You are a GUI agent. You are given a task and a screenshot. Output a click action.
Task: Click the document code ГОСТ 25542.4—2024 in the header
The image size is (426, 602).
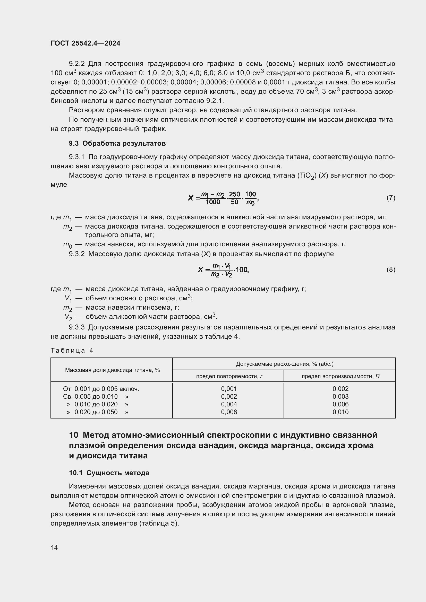click(86, 43)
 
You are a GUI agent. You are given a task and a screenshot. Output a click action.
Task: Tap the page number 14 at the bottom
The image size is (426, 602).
click(54, 547)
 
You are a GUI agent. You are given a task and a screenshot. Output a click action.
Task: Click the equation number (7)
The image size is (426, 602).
click(391, 198)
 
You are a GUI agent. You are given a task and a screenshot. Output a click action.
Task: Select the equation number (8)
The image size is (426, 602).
click(391, 269)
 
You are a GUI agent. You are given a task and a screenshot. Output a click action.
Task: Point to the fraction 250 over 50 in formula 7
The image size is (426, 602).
click(234, 198)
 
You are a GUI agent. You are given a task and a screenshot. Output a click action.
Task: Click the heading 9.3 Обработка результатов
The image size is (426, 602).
click(117, 143)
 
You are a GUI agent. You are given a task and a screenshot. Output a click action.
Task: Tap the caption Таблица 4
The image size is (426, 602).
click(72, 351)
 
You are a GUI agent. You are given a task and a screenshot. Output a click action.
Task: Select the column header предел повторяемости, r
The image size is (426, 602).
click(229, 376)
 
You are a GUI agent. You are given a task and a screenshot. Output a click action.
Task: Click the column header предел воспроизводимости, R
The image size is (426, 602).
click(340, 376)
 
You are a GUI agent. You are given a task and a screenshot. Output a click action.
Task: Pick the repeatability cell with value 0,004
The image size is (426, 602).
click(229, 404)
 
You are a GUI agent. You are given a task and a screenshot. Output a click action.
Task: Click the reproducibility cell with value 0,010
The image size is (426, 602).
click(340, 412)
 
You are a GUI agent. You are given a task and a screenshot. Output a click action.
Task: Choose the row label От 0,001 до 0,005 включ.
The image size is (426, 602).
click(101, 389)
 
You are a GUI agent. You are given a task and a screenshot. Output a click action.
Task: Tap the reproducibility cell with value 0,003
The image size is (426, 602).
click(340, 396)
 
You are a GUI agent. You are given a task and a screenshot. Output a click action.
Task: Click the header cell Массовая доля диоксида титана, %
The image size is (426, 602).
click(112, 370)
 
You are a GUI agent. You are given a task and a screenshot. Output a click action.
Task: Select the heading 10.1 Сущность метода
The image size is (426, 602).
click(109, 473)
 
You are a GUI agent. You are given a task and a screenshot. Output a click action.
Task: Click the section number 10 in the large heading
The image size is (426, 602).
click(74, 435)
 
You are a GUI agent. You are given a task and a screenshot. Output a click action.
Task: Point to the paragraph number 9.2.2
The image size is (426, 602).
click(77, 64)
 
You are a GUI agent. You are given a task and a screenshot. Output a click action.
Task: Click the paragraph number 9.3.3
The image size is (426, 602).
click(77, 327)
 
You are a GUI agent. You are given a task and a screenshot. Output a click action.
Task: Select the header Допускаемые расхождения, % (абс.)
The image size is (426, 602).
click(285, 364)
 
